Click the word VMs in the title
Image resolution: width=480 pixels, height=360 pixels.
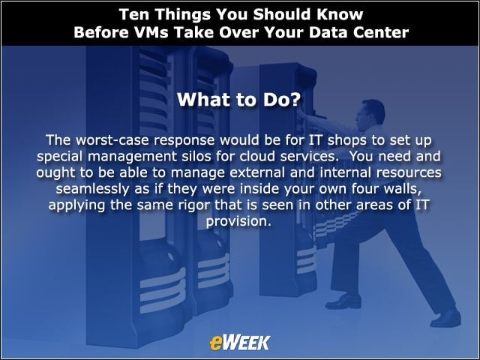click(151, 32)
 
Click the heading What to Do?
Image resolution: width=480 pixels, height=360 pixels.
click(239, 100)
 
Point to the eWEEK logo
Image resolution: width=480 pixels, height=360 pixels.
click(240, 343)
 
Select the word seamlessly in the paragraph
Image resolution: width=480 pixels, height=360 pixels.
click(93, 189)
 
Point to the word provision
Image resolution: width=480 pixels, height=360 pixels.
click(238, 221)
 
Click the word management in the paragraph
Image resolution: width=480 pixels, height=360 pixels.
click(132, 156)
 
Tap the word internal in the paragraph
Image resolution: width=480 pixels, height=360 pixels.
click(346, 172)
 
